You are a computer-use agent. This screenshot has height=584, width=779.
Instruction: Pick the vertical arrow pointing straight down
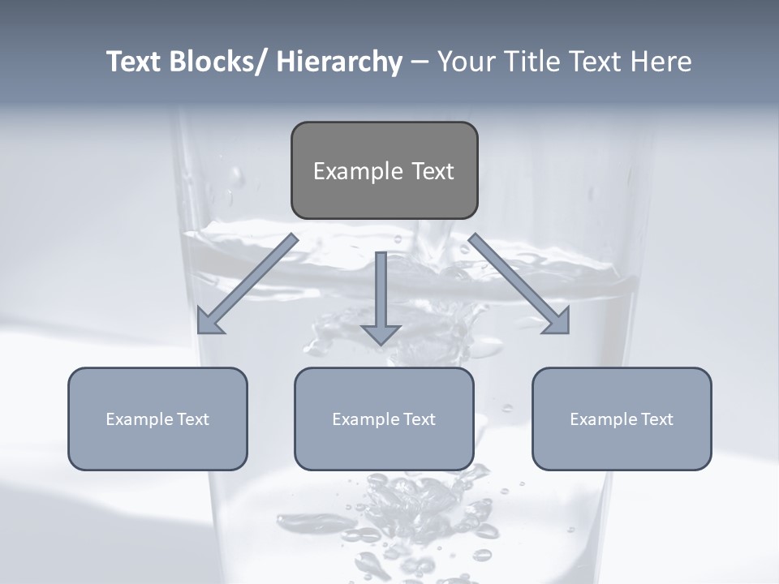point(381,296)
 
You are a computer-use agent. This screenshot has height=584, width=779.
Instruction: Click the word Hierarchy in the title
point(338,62)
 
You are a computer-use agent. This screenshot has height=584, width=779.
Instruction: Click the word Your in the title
point(466,62)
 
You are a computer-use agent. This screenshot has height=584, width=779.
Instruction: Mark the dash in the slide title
point(419,62)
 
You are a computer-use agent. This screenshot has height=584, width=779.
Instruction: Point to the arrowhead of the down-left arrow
point(209,321)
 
